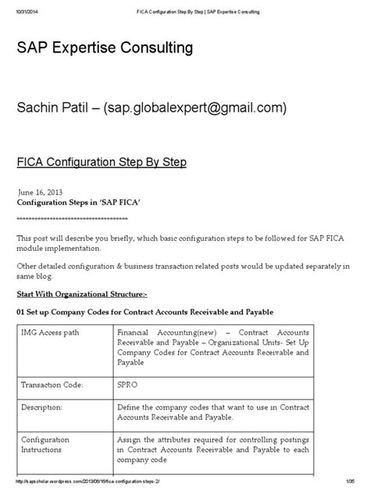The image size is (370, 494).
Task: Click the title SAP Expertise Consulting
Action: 105,49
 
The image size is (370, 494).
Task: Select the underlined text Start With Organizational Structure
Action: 81,294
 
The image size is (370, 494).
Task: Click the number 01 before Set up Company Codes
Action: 22,312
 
